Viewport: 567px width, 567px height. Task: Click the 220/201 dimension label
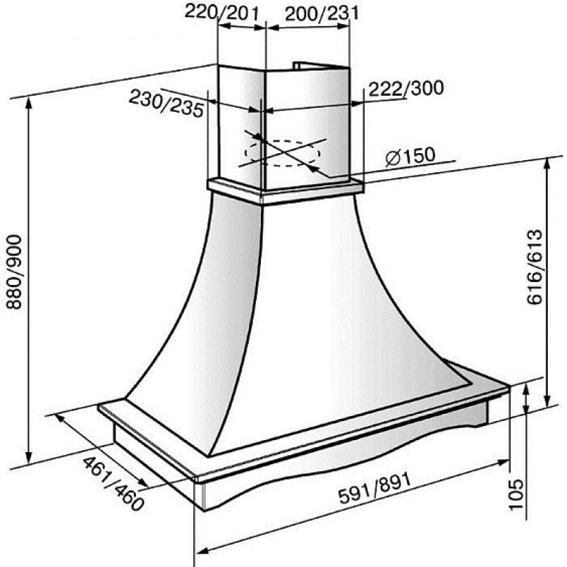tap(222, 13)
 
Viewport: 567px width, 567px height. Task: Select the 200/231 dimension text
tap(322, 13)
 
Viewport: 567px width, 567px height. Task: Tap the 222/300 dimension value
tap(406, 88)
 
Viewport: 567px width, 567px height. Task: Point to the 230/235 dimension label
tap(167, 103)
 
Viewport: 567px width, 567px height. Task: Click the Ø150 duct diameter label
tap(410, 157)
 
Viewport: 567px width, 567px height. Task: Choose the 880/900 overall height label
tap(14, 272)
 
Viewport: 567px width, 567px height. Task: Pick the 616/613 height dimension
tap(535, 267)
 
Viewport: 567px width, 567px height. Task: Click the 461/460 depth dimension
tap(113, 484)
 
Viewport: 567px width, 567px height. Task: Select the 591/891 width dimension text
tap(375, 488)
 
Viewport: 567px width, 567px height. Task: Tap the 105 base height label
tap(516, 494)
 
